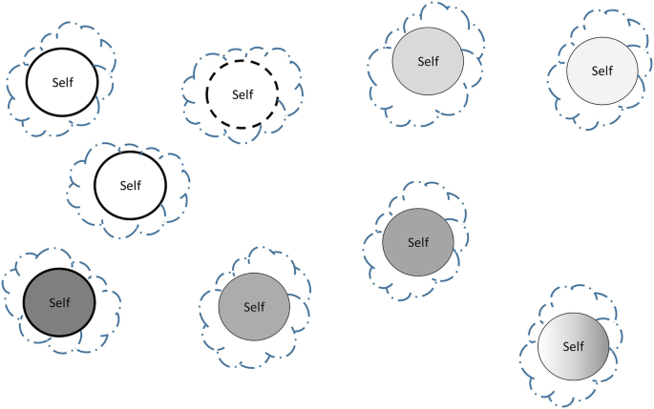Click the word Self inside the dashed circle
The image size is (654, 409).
(x=243, y=94)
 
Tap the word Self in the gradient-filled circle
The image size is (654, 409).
(x=573, y=346)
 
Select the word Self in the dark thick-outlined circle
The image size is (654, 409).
(x=59, y=303)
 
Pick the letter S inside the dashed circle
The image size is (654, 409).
(x=235, y=94)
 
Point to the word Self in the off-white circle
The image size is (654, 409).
(x=601, y=71)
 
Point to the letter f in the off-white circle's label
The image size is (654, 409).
(x=611, y=71)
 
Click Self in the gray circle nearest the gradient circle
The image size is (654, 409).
(x=418, y=242)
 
